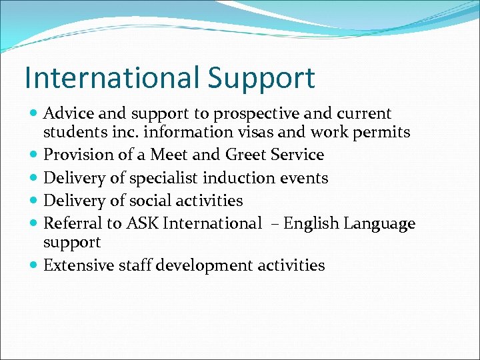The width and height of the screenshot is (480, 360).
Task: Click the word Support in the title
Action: pos(261,79)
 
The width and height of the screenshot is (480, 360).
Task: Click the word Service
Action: pos(301,155)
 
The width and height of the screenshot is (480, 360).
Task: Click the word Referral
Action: pos(70,223)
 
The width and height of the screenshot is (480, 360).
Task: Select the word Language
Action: pos(379,224)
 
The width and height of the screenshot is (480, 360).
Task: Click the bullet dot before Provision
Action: pos(34,155)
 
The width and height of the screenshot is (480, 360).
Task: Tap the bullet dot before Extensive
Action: pos(34,266)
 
